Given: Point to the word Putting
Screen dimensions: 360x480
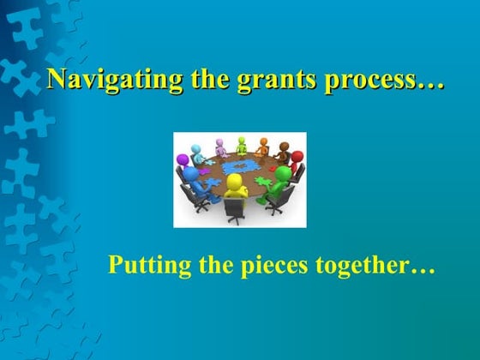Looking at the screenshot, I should tap(141, 266).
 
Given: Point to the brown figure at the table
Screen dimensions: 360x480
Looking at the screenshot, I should tap(282, 150).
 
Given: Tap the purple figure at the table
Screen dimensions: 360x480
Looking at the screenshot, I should tap(220, 146).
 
